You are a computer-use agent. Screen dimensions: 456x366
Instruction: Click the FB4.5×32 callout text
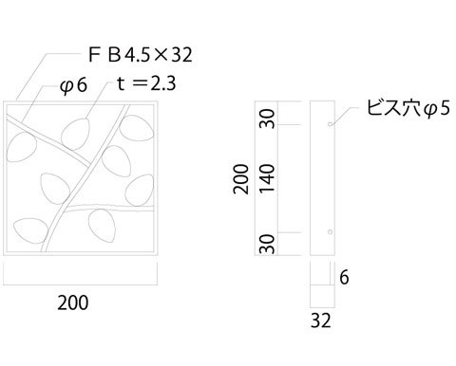(141, 54)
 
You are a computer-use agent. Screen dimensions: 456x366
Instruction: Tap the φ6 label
(73, 85)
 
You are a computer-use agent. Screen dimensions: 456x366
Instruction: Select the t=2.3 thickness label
(146, 83)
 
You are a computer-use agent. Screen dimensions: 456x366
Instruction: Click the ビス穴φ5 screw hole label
(408, 108)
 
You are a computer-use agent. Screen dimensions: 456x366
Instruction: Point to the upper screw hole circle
(330, 124)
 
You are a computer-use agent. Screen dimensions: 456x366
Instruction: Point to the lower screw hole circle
(330, 232)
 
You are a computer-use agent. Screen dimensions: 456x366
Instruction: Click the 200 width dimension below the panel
(73, 302)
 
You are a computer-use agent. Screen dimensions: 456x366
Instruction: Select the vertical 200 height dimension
(241, 178)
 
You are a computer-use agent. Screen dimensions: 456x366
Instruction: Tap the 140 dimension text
(267, 178)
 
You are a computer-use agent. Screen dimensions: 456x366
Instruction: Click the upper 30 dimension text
(267, 119)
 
